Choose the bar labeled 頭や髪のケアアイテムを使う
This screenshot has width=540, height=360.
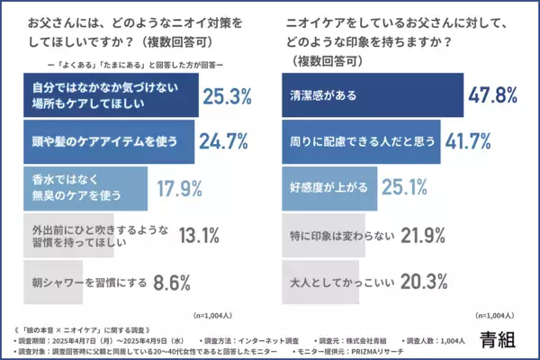pos(106,142)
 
